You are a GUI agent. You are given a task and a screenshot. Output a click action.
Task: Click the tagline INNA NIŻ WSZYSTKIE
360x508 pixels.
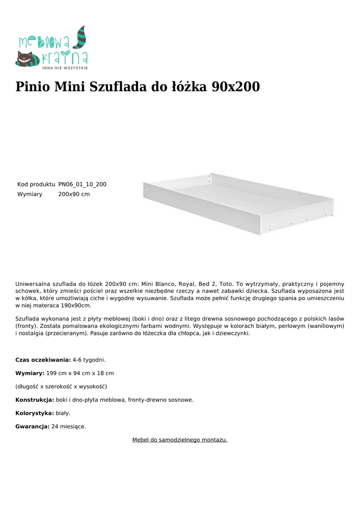[x=65, y=67]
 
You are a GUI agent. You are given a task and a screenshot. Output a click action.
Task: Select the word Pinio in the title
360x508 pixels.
[x=32, y=87]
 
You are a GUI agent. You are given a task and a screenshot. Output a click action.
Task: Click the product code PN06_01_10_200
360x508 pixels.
[x=82, y=185]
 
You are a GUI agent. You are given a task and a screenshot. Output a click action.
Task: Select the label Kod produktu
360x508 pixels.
[x=36, y=185]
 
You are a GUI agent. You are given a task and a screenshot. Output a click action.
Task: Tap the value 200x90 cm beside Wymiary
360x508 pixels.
[x=74, y=194]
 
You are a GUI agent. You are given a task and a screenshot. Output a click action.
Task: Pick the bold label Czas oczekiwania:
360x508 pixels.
[x=43, y=360]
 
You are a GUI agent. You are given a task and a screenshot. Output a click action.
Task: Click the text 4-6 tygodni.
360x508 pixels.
[x=89, y=360]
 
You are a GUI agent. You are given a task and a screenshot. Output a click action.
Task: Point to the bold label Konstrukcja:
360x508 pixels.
[x=35, y=400]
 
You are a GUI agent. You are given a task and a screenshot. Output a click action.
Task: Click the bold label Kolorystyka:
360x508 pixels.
[x=34, y=413]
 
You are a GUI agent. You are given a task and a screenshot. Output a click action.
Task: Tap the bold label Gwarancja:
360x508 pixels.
[x=32, y=426]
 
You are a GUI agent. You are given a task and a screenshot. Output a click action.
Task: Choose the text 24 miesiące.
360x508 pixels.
[x=69, y=426]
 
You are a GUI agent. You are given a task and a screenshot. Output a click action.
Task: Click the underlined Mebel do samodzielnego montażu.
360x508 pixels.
[x=180, y=440]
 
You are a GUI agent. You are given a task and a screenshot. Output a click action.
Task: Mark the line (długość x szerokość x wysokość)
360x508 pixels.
[x=61, y=386]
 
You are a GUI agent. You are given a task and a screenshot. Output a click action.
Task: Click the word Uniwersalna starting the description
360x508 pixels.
[x=32, y=284]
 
